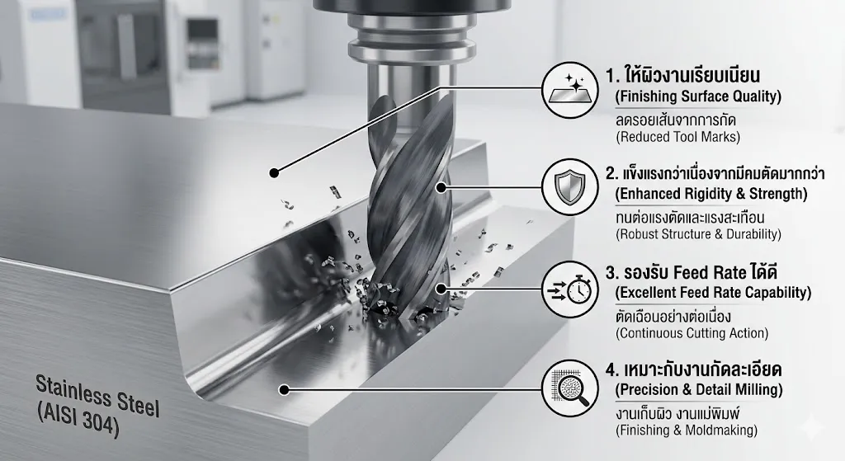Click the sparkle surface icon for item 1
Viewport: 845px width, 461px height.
[x=569, y=90]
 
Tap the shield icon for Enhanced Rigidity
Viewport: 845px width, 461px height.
[x=569, y=187]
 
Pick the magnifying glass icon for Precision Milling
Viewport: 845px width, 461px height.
[x=569, y=388]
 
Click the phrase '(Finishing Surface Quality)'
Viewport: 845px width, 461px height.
[x=698, y=97]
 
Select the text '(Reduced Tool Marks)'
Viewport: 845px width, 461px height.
[x=678, y=137]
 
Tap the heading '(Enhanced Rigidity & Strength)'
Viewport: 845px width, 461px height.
[x=711, y=194]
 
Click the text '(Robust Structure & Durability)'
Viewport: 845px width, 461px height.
[x=698, y=234]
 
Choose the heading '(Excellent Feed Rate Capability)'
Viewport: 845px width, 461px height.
[x=713, y=293]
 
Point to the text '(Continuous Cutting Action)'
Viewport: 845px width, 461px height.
[x=692, y=333]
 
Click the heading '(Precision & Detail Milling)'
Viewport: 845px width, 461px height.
[x=699, y=390]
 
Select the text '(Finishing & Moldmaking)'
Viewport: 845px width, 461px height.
[x=687, y=430]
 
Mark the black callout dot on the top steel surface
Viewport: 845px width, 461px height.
[x=274, y=173]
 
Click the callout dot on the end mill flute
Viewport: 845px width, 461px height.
[x=441, y=187]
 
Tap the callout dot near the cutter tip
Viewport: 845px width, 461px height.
[x=441, y=289]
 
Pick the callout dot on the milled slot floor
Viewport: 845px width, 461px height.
[x=285, y=389]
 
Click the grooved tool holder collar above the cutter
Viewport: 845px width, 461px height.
[x=412, y=37]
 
